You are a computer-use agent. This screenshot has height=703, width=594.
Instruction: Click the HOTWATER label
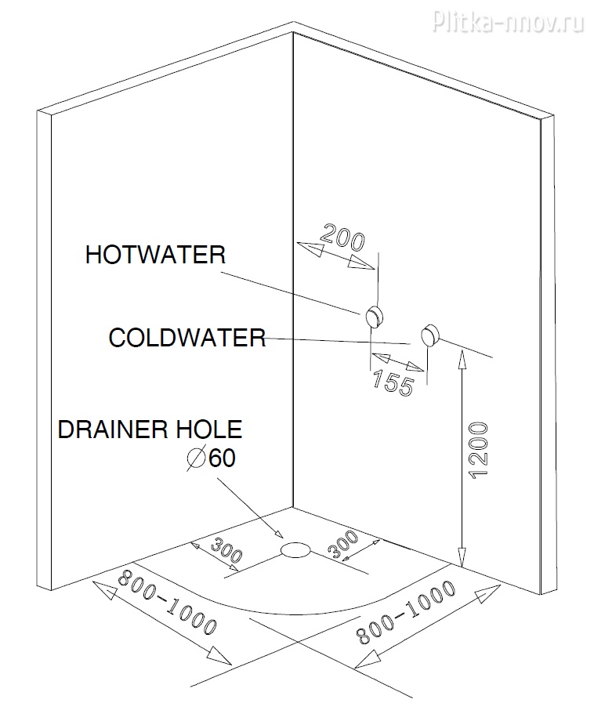(x=155, y=255)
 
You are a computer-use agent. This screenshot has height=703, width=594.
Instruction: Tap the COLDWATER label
(x=187, y=338)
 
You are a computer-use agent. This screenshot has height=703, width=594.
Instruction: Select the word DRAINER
(x=113, y=429)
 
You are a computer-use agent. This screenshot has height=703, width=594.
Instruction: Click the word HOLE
(x=208, y=429)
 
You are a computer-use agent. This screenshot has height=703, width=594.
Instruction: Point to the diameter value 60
(x=222, y=458)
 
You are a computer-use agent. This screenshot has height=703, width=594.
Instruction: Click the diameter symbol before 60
(x=196, y=458)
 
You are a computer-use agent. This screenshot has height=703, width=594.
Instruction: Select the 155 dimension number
(x=393, y=382)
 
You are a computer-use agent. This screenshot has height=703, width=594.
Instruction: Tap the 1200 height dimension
(x=478, y=450)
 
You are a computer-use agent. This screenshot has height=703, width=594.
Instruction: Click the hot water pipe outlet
(x=375, y=316)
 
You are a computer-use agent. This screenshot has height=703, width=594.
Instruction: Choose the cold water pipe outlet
(x=430, y=335)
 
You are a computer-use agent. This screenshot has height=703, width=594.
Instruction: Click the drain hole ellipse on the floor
(x=295, y=549)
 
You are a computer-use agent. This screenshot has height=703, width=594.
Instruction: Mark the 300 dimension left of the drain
(x=226, y=549)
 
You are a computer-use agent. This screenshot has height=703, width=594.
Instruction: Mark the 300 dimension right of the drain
(x=343, y=544)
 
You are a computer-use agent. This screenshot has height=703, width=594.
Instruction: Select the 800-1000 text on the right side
(x=405, y=612)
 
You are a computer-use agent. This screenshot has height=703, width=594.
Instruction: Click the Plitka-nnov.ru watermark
(x=508, y=20)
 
